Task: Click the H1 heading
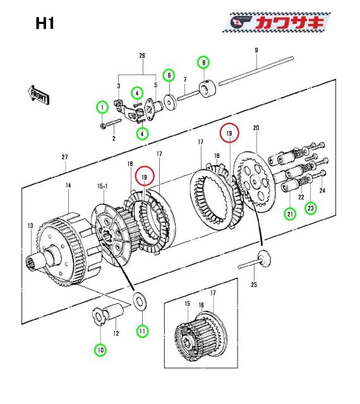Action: (x=45, y=23)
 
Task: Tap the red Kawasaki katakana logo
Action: (x=290, y=23)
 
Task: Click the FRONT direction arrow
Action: (x=39, y=95)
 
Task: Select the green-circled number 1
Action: (x=103, y=107)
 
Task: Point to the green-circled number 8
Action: (x=204, y=62)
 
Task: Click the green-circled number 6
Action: (x=169, y=75)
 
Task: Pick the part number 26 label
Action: (x=142, y=56)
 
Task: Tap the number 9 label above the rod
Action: (x=256, y=50)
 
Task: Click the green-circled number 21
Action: (x=290, y=214)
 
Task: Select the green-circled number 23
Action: (x=311, y=208)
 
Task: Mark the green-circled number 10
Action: (x=100, y=350)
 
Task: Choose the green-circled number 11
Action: (x=142, y=331)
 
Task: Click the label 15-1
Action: (x=102, y=186)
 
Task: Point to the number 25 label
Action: (x=254, y=285)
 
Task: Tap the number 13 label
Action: (x=30, y=226)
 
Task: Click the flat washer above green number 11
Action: (x=140, y=301)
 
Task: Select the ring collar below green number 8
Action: (x=208, y=89)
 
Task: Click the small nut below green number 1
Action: (x=103, y=126)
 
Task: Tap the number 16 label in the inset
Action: (x=201, y=305)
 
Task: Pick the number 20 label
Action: (x=256, y=128)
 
